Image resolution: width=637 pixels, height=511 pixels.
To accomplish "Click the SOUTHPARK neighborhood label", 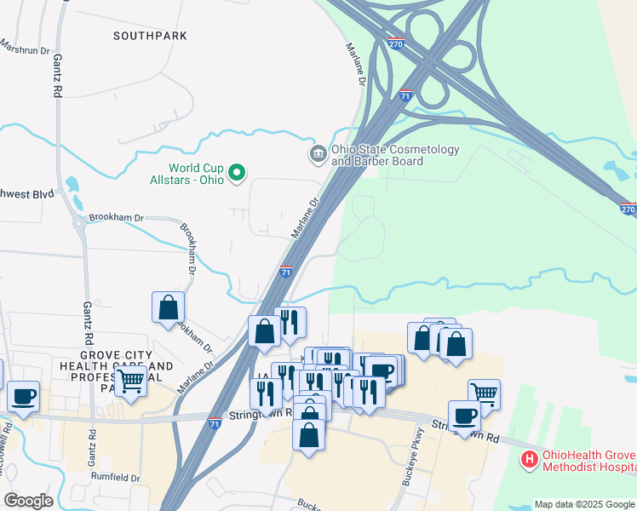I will (150, 36).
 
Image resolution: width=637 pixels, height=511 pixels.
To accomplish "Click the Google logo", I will (28, 501).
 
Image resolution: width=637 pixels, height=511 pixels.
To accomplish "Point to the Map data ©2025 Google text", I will (583, 504).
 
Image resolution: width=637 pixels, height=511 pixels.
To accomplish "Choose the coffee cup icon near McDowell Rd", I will (24, 396).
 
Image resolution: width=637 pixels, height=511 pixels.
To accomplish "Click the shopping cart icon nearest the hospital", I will (484, 393).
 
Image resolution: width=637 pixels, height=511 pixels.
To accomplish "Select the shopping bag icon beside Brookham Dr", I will (169, 307).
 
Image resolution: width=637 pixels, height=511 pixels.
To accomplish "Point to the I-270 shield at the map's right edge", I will (628, 208).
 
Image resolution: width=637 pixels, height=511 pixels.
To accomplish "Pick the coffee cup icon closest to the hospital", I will (464, 416).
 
